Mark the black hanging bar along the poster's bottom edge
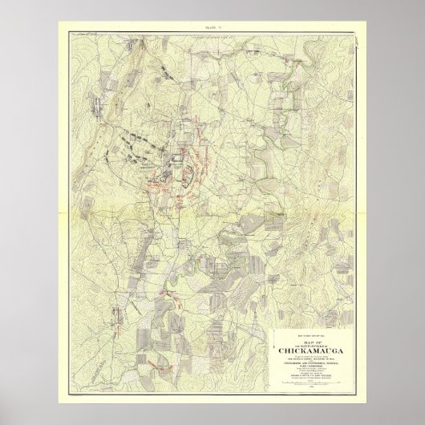tap(212, 420)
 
